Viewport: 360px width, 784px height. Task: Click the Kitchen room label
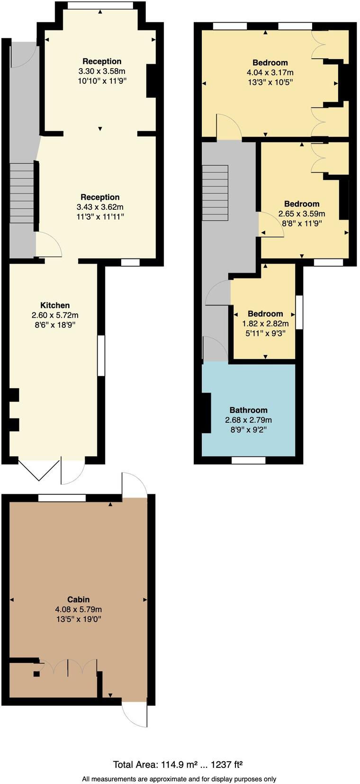pyautogui.click(x=55, y=305)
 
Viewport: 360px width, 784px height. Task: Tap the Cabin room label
pyautogui.click(x=79, y=599)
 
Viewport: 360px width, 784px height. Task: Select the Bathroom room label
pyautogui.click(x=248, y=410)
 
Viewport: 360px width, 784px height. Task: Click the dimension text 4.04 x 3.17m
pyautogui.click(x=270, y=72)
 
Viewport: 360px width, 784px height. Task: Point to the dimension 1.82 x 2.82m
pyautogui.click(x=265, y=324)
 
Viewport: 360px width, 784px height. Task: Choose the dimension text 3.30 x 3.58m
pyautogui.click(x=102, y=71)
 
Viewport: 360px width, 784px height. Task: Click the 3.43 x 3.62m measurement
pyautogui.click(x=100, y=207)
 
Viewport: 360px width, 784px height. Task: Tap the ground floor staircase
pyautogui.click(x=22, y=193)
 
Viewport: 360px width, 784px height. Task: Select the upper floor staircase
pyautogui.click(x=215, y=193)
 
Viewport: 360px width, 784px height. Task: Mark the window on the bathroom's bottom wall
pyautogui.click(x=248, y=460)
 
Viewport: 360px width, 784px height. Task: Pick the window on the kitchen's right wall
pyautogui.click(x=101, y=356)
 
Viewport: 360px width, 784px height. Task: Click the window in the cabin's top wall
pyautogui.click(x=62, y=498)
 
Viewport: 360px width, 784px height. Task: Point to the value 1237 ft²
pyautogui.click(x=226, y=765)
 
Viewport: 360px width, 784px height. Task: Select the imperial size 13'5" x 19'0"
pyautogui.click(x=79, y=619)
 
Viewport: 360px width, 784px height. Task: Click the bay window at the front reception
pyautogui.click(x=100, y=6)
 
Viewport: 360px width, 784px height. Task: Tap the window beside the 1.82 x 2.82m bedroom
pyautogui.click(x=299, y=312)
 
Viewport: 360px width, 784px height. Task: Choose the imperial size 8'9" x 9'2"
pyautogui.click(x=248, y=430)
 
